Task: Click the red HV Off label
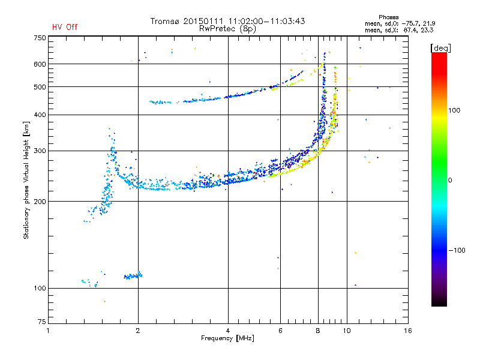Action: click(x=65, y=27)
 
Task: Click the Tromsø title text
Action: click(x=228, y=21)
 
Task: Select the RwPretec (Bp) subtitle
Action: click(x=228, y=28)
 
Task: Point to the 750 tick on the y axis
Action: click(x=40, y=37)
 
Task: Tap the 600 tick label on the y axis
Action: click(x=40, y=64)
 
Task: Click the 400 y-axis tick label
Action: click(x=40, y=115)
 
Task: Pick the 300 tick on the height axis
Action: click(x=40, y=151)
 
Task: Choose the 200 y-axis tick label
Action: click(x=40, y=202)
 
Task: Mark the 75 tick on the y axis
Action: click(x=41, y=324)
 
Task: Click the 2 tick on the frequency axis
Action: click(x=138, y=331)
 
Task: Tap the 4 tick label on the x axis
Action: click(x=228, y=331)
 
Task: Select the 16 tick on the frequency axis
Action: click(x=407, y=331)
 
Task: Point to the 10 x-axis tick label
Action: click(x=346, y=331)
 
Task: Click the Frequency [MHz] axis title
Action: click(x=227, y=339)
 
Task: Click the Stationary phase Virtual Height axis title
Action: click(x=26, y=180)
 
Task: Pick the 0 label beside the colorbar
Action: click(x=451, y=180)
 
